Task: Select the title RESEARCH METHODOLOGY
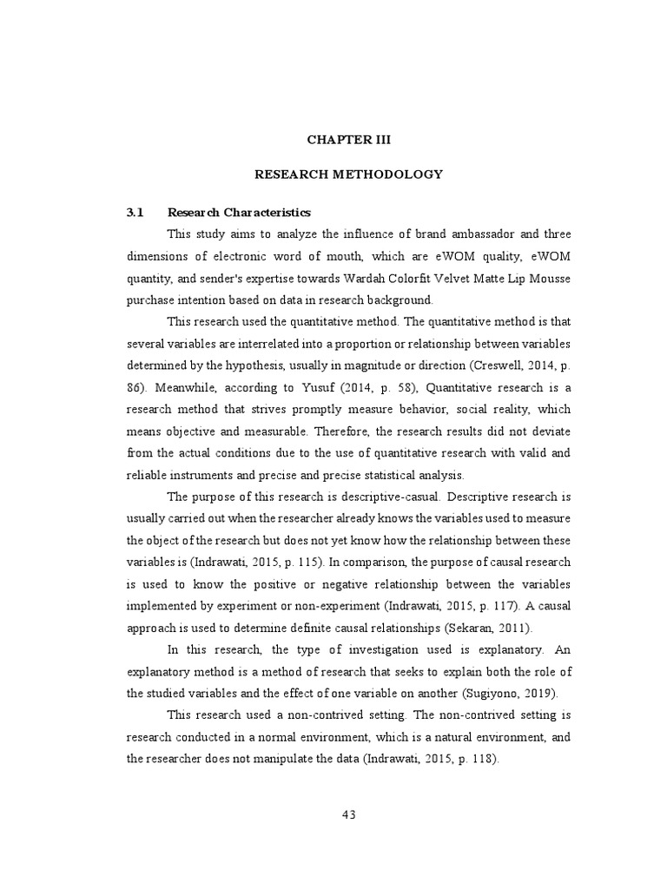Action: point(347,175)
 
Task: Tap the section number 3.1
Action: point(135,213)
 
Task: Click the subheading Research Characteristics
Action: point(239,213)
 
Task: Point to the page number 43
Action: point(349,814)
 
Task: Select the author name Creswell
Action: point(501,365)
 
